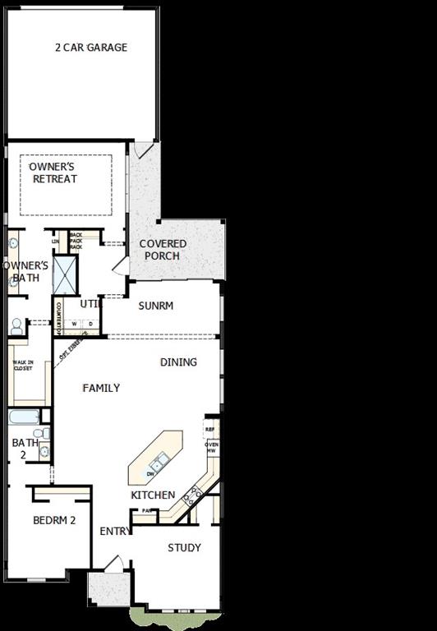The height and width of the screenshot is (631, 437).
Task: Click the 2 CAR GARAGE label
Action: tap(91, 48)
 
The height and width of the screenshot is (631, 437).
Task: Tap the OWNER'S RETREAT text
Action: tap(53, 173)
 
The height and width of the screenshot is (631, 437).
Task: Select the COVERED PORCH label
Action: tap(163, 250)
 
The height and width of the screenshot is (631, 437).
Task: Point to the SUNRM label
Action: tap(155, 306)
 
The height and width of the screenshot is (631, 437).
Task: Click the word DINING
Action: tap(178, 362)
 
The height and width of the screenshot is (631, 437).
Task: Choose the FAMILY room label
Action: tap(101, 388)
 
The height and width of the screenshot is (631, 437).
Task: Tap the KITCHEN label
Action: tap(153, 495)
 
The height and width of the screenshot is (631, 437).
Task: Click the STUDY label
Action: tap(184, 548)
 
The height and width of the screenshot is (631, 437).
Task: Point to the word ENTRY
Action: tap(115, 532)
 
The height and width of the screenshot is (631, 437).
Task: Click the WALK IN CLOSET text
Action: tap(22, 366)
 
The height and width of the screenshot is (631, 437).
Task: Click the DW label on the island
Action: tap(150, 474)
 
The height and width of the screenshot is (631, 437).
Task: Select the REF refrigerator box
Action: tap(210, 429)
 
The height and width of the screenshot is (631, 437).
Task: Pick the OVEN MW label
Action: tap(211, 448)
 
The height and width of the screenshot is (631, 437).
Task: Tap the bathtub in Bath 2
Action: tap(24, 417)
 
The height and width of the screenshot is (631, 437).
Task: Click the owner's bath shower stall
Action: tap(65, 275)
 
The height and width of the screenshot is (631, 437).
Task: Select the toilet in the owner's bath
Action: tap(16, 326)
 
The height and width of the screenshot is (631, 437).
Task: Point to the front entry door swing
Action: tap(115, 564)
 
